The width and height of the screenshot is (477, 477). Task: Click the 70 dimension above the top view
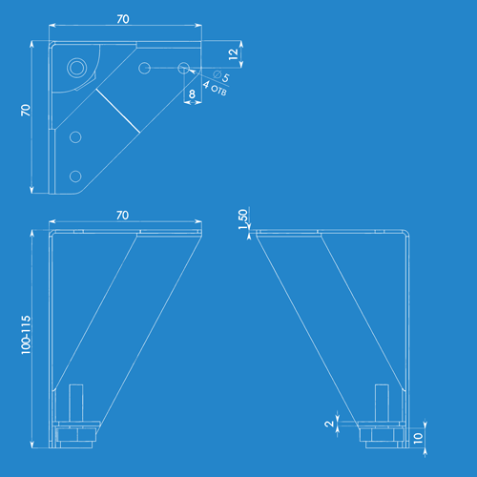click(123, 19)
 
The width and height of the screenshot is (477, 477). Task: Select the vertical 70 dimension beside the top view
click(26, 110)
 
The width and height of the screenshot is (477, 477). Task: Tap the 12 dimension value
click(233, 54)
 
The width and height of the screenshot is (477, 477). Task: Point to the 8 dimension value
click(192, 94)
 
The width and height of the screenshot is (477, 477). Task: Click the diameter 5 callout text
click(221, 76)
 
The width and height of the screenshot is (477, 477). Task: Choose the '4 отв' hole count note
click(215, 89)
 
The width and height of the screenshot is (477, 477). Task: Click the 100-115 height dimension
click(26, 335)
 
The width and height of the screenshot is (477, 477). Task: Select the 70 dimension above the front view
click(122, 216)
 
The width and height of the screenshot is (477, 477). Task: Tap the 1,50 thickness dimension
click(242, 219)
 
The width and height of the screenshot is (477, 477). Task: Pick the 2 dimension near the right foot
click(329, 424)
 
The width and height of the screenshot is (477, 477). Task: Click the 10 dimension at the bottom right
click(418, 438)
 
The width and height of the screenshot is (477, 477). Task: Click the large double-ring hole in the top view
click(76, 68)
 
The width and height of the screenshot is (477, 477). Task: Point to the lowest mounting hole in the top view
click(75, 176)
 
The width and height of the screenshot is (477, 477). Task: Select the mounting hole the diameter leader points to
click(184, 68)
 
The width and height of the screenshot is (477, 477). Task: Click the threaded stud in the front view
click(76, 403)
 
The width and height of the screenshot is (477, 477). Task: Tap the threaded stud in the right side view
click(382, 403)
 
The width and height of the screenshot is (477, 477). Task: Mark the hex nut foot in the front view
click(76, 435)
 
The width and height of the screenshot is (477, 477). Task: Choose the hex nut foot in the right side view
click(382, 435)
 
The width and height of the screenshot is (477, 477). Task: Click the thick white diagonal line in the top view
click(117, 111)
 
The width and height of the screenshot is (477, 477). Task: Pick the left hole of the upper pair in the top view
click(144, 68)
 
